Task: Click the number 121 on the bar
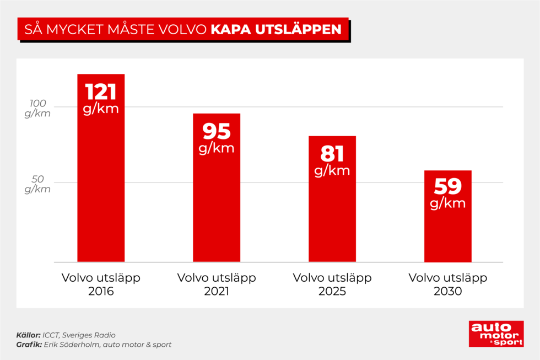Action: pyautogui.click(x=101, y=92)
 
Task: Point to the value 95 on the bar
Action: pyautogui.click(x=217, y=131)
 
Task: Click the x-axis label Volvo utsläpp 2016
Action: pyautogui.click(x=101, y=284)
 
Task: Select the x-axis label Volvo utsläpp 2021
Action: pyautogui.click(x=217, y=284)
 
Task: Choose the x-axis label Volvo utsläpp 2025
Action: pyautogui.click(x=332, y=284)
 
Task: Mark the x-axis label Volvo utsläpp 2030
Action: pyautogui.click(x=447, y=284)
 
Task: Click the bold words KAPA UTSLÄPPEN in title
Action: pyautogui.click(x=276, y=29)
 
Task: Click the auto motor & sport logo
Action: pyautogui.click(x=496, y=334)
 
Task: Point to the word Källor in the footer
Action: pyautogui.click(x=28, y=335)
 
